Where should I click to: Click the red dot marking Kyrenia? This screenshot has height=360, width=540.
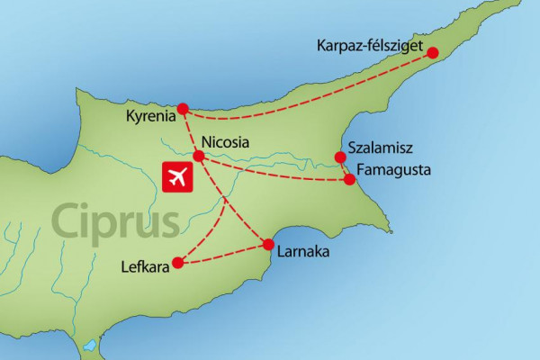click(x=183, y=109)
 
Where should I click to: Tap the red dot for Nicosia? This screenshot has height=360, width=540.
click(x=199, y=156)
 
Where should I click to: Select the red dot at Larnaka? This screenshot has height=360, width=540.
click(x=267, y=244)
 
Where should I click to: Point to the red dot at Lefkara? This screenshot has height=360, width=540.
click(x=177, y=264)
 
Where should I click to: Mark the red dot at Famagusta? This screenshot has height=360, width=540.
click(x=351, y=180)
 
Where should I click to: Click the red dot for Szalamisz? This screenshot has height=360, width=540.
click(x=340, y=158)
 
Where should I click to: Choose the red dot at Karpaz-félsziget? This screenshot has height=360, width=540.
click(x=432, y=53)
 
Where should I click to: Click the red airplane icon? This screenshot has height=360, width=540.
click(x=179, y=176)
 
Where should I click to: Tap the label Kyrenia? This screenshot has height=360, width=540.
click(x=151, y=117)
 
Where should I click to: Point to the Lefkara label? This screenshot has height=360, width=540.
click(x=143, y=266)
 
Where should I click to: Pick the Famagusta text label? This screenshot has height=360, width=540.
click(x=394, y=169)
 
